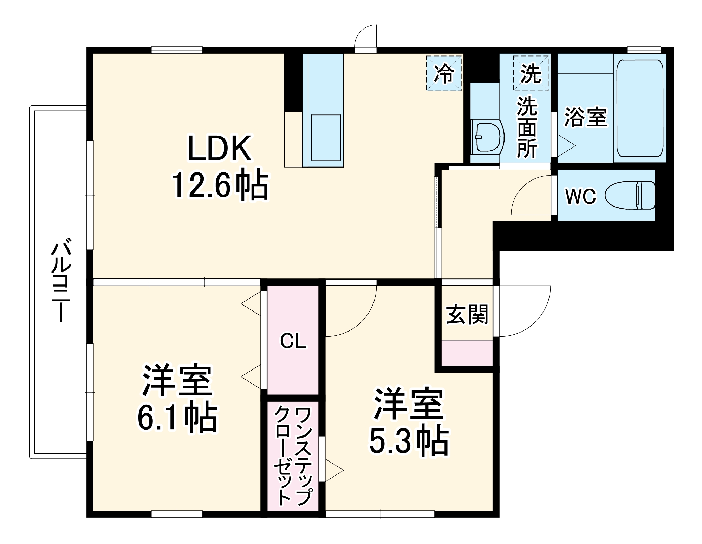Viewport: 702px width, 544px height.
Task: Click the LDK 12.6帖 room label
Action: [x=220, y=167]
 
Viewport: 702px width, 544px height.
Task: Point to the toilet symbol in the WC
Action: [x=630, y=195]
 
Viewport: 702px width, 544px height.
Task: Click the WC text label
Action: [x=580, y=196]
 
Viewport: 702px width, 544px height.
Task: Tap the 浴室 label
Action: [x=585, y=117]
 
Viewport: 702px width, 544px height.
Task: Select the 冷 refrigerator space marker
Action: [x=444, y=73]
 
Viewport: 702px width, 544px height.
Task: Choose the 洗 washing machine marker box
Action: [x=531, y=73]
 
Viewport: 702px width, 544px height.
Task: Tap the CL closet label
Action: [x=293, y=341]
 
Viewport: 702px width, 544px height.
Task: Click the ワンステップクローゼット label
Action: [x=293, y=457]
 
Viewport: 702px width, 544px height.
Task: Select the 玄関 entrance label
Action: [x=467, y=314]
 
